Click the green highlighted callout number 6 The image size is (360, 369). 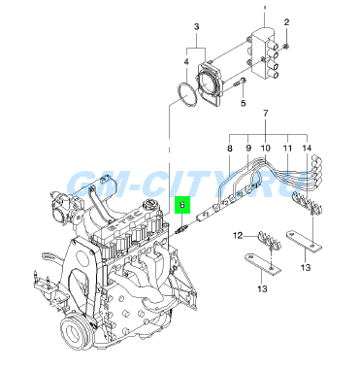182,205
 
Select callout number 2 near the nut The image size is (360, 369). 286,22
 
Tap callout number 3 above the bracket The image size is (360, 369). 197,27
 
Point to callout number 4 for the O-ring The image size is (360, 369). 186,62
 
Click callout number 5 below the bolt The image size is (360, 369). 244,103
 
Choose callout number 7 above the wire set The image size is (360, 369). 266,114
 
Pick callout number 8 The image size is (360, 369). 230,149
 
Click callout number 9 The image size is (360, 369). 248,149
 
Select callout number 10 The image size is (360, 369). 265,149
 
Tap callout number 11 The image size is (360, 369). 287,149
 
